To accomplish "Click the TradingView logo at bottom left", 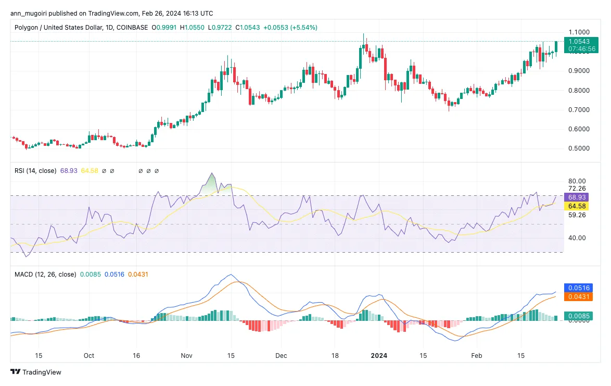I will pyautogui.click(x=36, y=372).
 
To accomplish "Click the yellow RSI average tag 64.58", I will pyautogui.click(x=578, y=206).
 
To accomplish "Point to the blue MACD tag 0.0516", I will pyautogui.click(x=579, y=288).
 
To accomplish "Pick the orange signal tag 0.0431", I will pyautogui.click(x=579, y=296).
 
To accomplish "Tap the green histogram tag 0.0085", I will pyautogui.click(x=579, y=316).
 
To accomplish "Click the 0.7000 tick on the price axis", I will pyautogui.click(x=579, y=110).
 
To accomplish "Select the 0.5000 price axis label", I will pyautogui.click(x=579, y=148).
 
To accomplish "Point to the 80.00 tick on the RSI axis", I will pyautogui.click(x=577, y=181).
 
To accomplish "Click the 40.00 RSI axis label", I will pyautogui.click(x=577, y=238).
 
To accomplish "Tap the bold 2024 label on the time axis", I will pyautogui.click(x=379, y=356).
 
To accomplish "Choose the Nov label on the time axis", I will pyautogui.click(x=187, y=356).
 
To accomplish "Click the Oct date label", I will pyautogui.click(x=89, y=356).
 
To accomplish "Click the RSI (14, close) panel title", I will pyautogui.click(x=35, y=170).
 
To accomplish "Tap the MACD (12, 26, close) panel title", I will pyautogui.click(x=45, y=274).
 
